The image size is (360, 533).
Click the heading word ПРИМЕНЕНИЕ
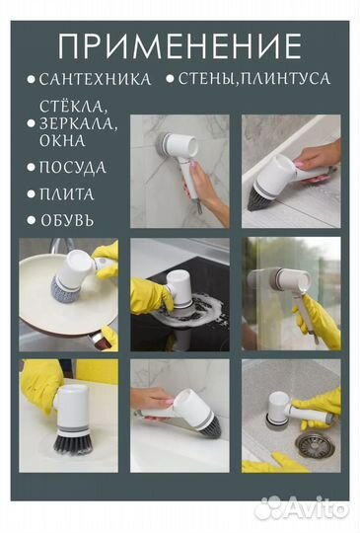click(180, 45)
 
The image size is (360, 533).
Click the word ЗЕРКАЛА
click(78, 124)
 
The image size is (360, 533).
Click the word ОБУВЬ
click(67, 219)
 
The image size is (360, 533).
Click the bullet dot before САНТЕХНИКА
click(32, 79)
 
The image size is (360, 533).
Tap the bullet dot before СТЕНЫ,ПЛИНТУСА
click(172, 79)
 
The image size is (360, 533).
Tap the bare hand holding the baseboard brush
click(318, 156)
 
